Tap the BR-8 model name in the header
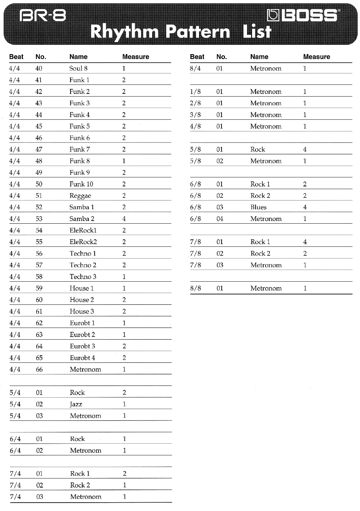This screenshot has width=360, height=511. click(43, 15)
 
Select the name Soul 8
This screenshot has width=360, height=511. click(78, 68)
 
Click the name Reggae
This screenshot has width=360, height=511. click(80, 196)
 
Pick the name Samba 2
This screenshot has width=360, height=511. click(82, 219)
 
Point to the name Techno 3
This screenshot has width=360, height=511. click(83, 277)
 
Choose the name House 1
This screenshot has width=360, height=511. click(81, 288)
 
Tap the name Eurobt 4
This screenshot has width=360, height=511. click(82, 358)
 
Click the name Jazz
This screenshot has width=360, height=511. click(76, 404)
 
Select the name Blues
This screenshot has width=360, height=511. click(258, 207)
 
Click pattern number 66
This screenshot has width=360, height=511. click(39, 370)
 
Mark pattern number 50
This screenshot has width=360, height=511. click(39, 184)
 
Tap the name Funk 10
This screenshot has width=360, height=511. click(81, 184)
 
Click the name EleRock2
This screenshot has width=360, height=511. click(83, 242)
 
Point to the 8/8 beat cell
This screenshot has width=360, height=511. click(195, 288)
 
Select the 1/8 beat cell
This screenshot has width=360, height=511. click(195, 92)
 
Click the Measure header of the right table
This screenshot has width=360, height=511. click(316, 57)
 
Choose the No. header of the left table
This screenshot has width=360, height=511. click(41, 57)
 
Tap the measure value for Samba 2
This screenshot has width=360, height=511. click(124, 219)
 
